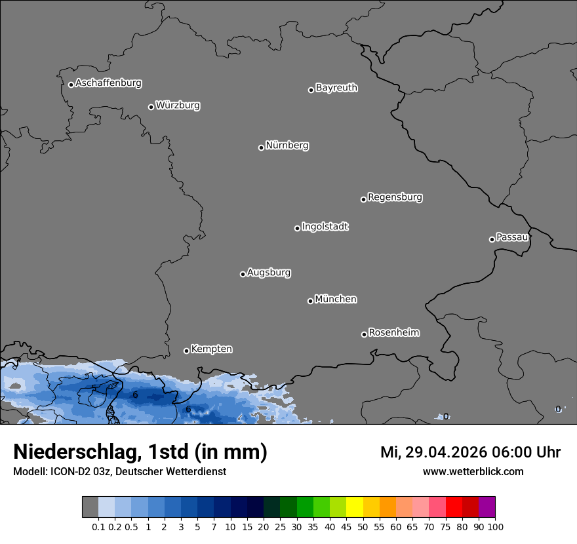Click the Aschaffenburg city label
[108, 83]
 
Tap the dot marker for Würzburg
[151, 107]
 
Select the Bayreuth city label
[336, 88]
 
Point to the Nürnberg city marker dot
[261, 147]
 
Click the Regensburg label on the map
[395, 197]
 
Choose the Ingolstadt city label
[325, 227]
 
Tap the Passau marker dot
[492, 239]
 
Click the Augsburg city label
[269, 273]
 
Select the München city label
[336, 300]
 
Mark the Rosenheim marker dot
[364, 335]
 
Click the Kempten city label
[211, 349]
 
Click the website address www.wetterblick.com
[473, 472]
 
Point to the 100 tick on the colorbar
[496, 527]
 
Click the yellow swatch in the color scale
[355, 507]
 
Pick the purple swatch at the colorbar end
[487, 507]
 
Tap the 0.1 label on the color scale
[98, 527]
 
